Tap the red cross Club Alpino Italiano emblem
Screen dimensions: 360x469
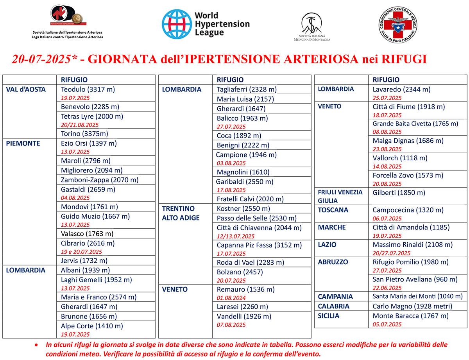coord(397,25)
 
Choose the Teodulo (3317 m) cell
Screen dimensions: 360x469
coord(88,90)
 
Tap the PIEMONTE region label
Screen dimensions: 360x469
coord(23,143)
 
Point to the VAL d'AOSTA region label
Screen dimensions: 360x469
coord(26,90)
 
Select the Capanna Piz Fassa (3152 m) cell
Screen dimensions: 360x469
coord(259,245)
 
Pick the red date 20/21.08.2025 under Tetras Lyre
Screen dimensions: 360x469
coord(80,125)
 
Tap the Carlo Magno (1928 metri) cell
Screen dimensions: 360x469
coord(412,306)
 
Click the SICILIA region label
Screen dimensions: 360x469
coord(329,316)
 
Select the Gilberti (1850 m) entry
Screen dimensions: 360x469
coord(399,193)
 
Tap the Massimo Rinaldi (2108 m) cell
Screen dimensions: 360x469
coord(412,245)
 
